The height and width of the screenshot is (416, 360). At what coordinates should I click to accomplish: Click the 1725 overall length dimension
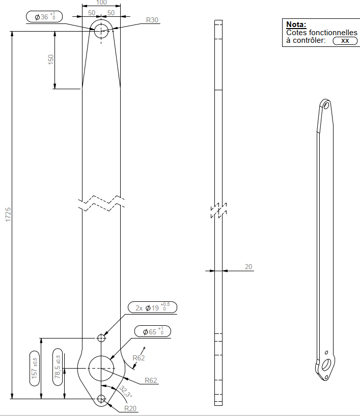pyautogui.click(x=8, y=214)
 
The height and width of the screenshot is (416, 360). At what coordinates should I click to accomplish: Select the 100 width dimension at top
pyautogui.click(x=101, y=3)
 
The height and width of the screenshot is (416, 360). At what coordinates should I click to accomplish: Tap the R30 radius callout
pyautogui.click(x=152, y=20)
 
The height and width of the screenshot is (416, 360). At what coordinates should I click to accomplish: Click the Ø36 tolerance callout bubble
pyautogui.click(x=44, y=17)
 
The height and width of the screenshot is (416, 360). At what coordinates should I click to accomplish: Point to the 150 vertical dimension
pyautogui.click(x=50, y=59)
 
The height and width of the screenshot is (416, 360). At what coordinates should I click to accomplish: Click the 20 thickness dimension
pyautogui.click(x=248, y=267)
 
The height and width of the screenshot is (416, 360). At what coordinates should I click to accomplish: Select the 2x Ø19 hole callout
pyautogui.click(x=152, y=307)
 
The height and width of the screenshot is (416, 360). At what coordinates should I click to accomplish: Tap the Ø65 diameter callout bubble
pyautogui.click(x=153, y=331)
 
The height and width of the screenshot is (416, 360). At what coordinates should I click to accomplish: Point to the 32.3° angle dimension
pyautogui.click(x=126, y=392)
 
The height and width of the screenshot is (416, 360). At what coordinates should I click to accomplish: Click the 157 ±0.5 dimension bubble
pyautogui.click(x=35, y=368)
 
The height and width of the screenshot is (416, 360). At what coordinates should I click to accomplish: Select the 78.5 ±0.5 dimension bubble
pyautogui.click(x=58, y=368)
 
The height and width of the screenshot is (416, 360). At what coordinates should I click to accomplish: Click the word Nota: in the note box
pyautogui.click(x=296, y=24)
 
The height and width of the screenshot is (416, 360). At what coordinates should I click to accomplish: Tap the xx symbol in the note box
pyautogui.click(x=345, y=41)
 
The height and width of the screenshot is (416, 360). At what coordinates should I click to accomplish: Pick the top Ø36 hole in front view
pyautogui.click(x=101, y=30)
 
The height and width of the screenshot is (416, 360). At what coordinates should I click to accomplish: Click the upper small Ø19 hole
pyautogui.click(x=101, y=337)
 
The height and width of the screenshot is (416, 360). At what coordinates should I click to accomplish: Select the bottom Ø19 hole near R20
pyautogui.click(x=101, y=399)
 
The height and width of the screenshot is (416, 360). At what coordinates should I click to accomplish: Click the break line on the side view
pyautogui.click(x=218, y=211)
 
